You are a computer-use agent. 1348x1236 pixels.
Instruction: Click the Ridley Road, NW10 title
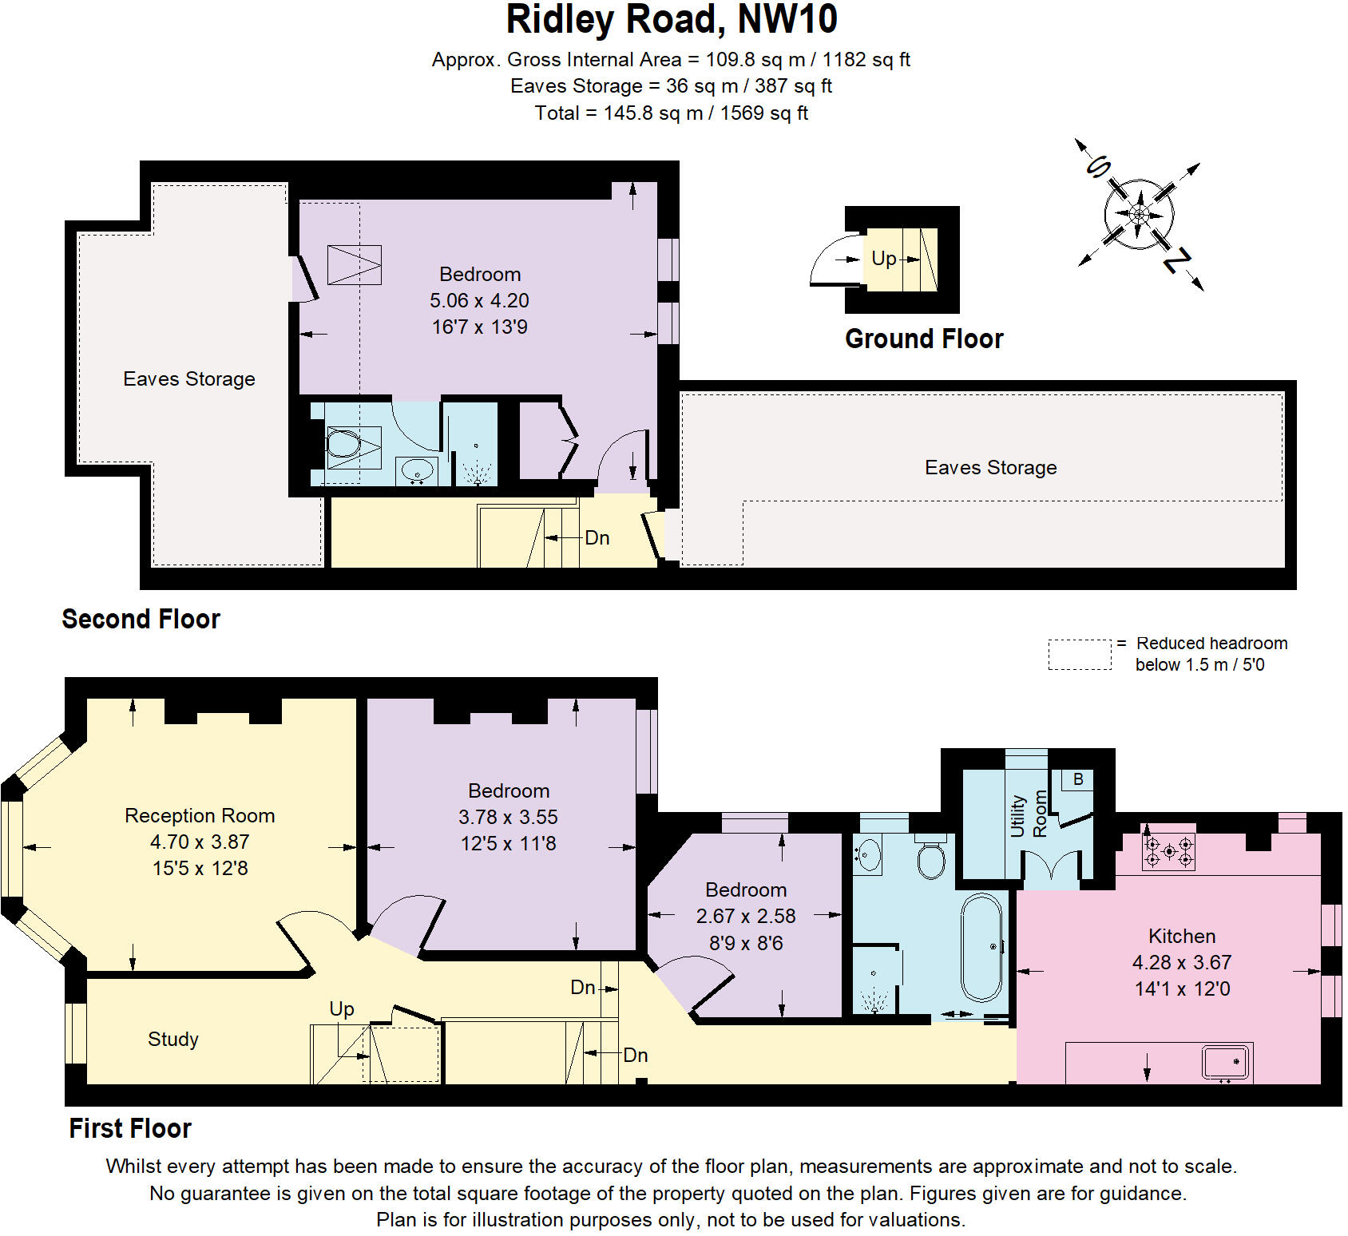coord(672,21)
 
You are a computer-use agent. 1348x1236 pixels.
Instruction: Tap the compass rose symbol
coord(1139,214)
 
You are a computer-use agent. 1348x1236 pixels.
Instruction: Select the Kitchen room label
coord(1182,936)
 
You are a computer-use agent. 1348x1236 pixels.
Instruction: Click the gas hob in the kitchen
coord(1169,851)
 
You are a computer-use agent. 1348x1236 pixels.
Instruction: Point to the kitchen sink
coord(1227,1062)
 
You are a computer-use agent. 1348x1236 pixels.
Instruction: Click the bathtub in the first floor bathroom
coord(981,947)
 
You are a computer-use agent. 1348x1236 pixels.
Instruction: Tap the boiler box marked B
coord(1078,779)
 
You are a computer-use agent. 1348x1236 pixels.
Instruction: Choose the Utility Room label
coord(1029,814)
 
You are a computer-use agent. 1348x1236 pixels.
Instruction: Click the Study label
coord(172,1039)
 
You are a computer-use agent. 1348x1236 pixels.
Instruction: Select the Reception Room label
coord(200,815)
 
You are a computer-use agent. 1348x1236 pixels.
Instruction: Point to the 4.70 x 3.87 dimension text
coord(200,842)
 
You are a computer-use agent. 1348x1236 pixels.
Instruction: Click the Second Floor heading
coord(141,619)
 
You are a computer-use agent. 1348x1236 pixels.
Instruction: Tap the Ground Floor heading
coord(924,339)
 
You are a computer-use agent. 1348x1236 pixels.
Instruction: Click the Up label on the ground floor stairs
coord(883,258)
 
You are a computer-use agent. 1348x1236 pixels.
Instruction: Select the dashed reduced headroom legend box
coord(1079,654)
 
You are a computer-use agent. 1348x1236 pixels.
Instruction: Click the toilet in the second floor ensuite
coord(344,444)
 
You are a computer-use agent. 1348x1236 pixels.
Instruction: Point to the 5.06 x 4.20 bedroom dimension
coord(479,300)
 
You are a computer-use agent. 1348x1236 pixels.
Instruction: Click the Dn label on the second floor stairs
coord(597,537)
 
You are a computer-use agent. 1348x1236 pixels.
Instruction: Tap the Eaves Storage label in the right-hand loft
coord(990,467)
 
